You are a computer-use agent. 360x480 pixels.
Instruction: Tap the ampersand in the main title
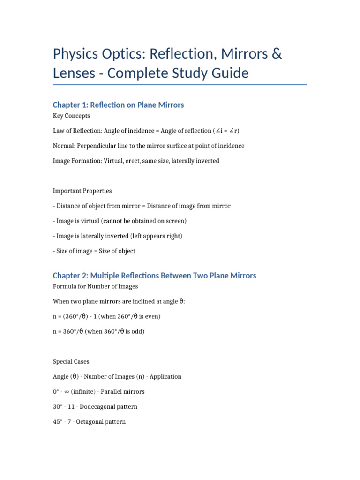277,54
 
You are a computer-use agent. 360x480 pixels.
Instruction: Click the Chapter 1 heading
118,105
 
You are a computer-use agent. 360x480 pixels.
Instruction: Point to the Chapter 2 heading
154,276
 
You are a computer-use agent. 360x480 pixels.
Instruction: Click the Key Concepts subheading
71,116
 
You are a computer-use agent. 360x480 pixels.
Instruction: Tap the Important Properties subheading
82,191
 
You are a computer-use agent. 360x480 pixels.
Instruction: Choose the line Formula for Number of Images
96,286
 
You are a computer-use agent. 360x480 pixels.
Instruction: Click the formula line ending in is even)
107,316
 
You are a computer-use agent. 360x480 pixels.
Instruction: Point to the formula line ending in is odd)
99,331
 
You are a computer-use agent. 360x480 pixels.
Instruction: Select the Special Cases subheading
71,361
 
